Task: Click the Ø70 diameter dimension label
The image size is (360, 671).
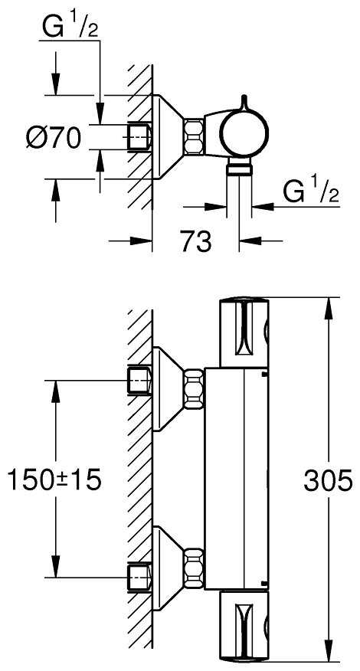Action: coord(54,138)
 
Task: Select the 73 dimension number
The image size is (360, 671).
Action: coord(196,242)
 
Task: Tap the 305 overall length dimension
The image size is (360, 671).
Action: coord(328,480)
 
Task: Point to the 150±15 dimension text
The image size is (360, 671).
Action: coord(55,480)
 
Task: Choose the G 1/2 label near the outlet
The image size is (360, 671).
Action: coord(311,191)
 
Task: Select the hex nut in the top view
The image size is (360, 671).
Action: coord(194,136)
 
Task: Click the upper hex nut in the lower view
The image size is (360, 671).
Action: coord(194,389)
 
